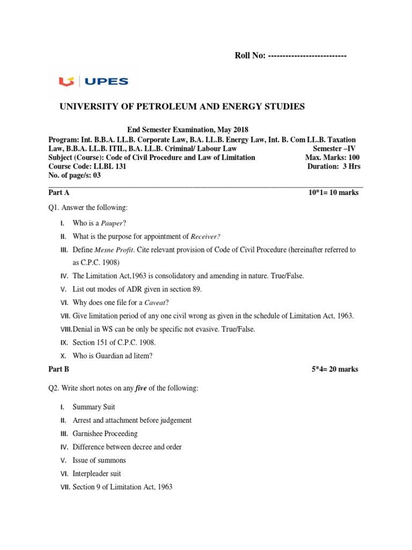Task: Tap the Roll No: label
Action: point(251,56)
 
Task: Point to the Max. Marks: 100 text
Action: point(333,157)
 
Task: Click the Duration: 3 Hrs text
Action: point(334,166)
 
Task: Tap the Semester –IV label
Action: point(334,148)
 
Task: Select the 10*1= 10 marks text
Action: point(331,192)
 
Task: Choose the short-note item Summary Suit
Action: point(94,407)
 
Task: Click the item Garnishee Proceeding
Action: point(105,433)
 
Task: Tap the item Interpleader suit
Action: point(97,474)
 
